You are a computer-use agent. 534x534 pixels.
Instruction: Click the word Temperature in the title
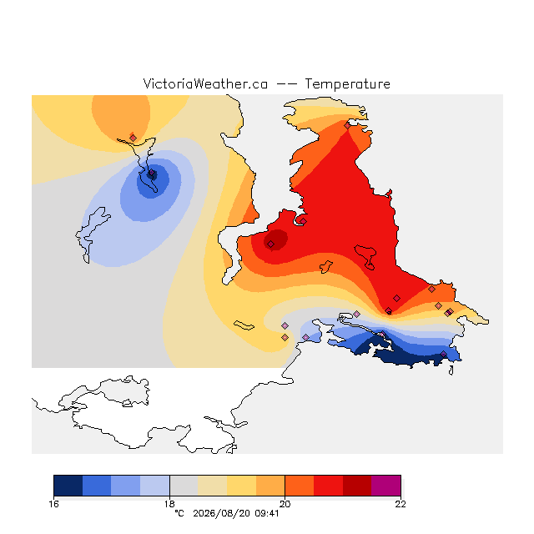click(347, 83)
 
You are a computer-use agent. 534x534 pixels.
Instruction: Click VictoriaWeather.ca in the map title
click(205, 83)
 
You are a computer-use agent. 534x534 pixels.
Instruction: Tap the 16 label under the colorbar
click(53, 504)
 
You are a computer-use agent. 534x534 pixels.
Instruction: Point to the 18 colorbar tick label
click(169, 504)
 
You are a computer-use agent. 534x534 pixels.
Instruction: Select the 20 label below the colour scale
click(285, 504)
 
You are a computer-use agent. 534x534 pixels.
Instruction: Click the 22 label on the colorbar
click(400, 504)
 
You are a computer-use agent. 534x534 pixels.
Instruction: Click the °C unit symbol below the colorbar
click(179, 513)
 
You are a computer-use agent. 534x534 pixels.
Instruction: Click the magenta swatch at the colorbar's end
click(385, 486)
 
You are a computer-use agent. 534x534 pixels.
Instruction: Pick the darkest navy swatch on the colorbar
click(68, 486)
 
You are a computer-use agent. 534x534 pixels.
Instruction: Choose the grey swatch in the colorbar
click(184, 486)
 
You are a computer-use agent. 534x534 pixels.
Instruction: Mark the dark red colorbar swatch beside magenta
click(357, 486)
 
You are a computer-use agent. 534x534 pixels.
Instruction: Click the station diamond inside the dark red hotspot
click(270, 244)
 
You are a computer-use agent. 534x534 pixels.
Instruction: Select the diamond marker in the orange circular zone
click(133, 138)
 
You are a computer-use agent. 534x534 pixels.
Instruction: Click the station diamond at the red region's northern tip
click(347, 126)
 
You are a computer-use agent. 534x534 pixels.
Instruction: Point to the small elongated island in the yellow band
click(244, 325)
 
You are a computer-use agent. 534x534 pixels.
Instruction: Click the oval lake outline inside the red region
click(365, 256)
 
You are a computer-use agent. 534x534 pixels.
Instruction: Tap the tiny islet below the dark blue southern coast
click(451, 370)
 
